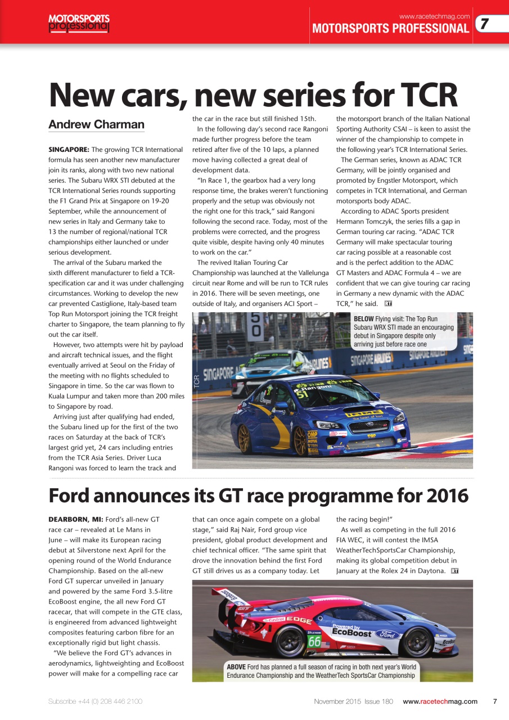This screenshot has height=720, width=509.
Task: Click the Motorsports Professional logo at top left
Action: click(79, 22)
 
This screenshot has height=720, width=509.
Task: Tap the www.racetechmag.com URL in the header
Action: click(434, 15)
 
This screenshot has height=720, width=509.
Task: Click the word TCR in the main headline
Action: click(429, 95)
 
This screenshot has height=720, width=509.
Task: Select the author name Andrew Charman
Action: click(96, 124)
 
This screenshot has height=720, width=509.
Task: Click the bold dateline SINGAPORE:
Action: click(69, 150)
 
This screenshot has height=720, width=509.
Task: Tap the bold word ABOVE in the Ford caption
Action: click(236, 667)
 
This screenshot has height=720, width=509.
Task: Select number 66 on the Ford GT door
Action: click(314, 641)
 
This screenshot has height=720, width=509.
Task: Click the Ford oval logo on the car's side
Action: click(389, 634)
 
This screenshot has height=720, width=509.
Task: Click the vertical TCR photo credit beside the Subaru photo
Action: click(197, 382)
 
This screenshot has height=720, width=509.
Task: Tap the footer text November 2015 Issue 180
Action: click(353, 701)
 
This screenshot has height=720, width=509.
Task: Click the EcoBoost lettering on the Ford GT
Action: click(352, 632)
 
